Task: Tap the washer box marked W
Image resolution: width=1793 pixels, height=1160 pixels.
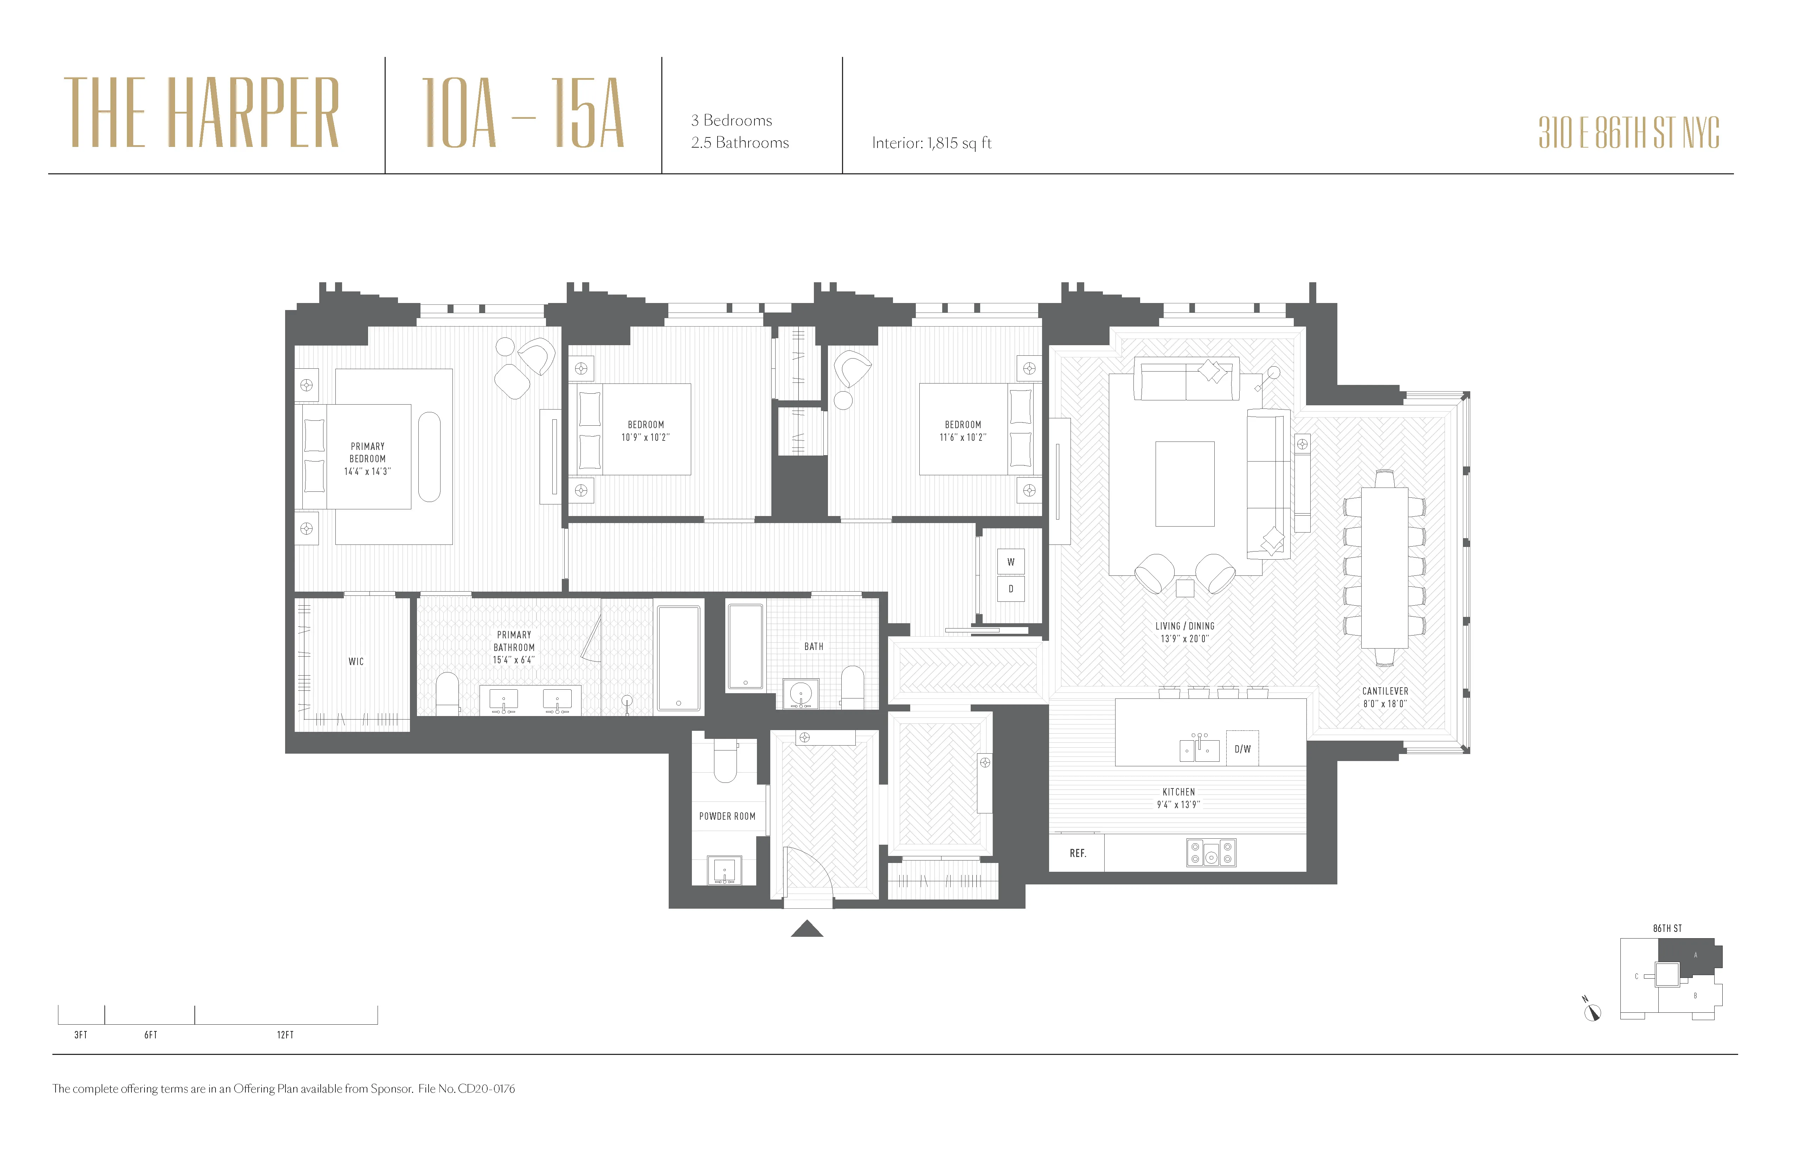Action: click(1010, 562)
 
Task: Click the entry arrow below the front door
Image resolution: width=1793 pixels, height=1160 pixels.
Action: click(807, 929)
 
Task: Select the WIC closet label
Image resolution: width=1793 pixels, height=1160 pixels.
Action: click(355, 661)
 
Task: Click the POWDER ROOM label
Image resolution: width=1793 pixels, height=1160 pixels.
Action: click(727, 816)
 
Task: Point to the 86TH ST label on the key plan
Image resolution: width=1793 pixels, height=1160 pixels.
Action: click(1667, 928)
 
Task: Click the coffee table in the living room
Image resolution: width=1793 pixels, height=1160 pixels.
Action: click(1184, 484)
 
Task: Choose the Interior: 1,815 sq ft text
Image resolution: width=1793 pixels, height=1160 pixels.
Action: click(931, 143)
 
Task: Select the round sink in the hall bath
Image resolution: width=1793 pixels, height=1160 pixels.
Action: click(800, 692)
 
